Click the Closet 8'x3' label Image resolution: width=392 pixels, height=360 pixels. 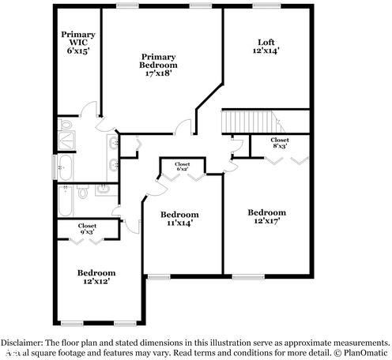[279, 143]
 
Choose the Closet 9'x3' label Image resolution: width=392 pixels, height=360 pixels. [87, 228]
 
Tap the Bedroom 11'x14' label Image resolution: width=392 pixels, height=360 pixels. [179, 219]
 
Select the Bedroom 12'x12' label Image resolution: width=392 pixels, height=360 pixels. [96, 277]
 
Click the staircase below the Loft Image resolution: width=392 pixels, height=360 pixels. [250, 122]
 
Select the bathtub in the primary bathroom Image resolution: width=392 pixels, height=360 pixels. [66, 167]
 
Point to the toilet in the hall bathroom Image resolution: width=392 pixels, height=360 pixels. [83, 189]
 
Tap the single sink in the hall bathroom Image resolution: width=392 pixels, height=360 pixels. [104, 189]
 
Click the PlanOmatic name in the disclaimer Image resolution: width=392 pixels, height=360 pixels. [365, 352]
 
